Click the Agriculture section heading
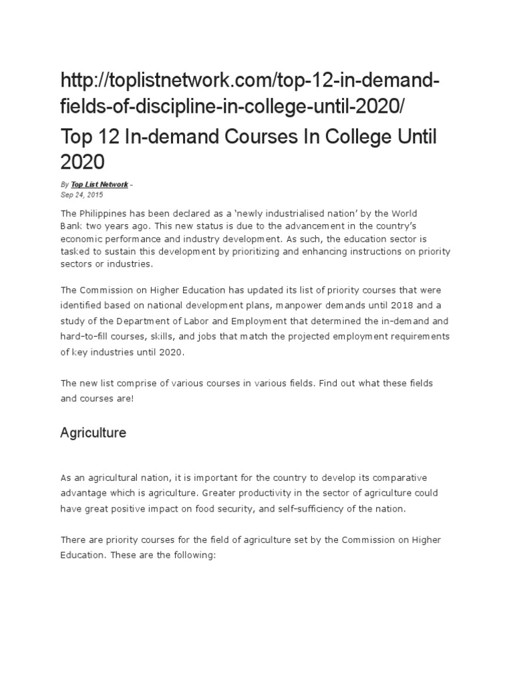coord(93,433)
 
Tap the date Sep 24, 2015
coord(81,195)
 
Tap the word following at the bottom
coord(191,554)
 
